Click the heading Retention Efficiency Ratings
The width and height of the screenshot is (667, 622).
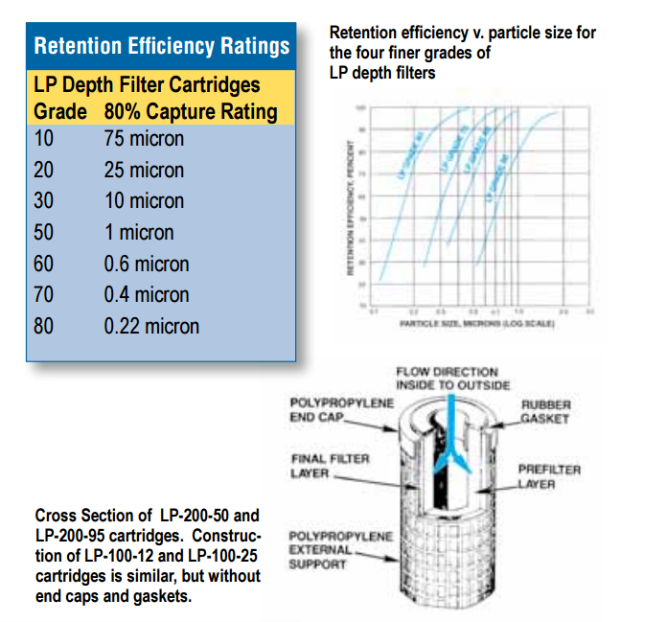click(x=161, y=46)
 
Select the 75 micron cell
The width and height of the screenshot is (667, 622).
click(x=144, y=139)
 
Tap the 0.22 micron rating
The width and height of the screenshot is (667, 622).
click(x=151, y=326)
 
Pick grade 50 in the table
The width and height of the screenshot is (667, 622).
click(x=44, y=233)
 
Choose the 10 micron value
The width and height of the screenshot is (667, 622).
click(x=144, y=201)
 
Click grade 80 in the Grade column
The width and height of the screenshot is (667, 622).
click(x=44, y=326)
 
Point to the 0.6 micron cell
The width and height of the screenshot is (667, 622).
click(x=147, y=264)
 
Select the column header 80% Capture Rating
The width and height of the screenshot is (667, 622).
click(x=191, y=111)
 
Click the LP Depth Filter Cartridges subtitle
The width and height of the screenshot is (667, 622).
click(x=147, y=85)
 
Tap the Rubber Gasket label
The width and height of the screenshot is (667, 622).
click(x=545, y=411)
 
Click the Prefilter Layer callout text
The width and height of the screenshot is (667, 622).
click(x=549, y=476)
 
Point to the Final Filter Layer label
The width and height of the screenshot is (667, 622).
click(x=329, y=466)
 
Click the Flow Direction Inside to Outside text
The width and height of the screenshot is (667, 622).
click(x=447, y=378)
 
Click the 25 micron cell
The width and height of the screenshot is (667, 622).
click(x=144, y=171)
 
